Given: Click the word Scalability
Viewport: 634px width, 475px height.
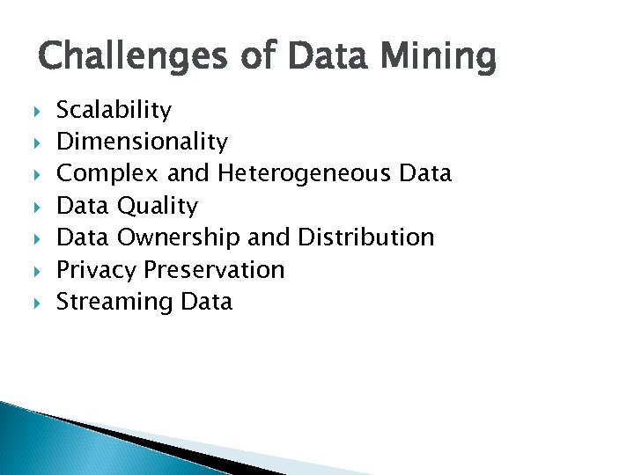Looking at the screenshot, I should click(x=114, y=110).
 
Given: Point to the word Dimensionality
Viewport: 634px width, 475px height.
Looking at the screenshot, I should click(x=142, y=142).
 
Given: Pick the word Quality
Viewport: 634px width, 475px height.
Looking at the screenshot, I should click(x=158, y=206).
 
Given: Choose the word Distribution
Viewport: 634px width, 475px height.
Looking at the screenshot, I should click(x=365, y=237).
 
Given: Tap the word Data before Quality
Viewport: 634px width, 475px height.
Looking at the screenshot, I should click(x=83, y=206).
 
